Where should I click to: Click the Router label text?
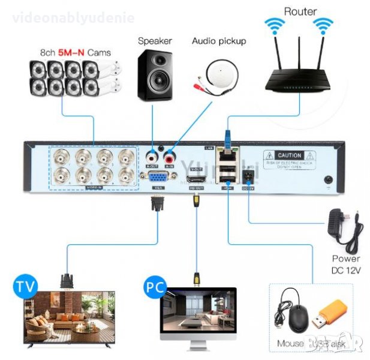(300, 11)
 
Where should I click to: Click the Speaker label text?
(155, 41)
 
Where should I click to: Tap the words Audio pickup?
(219, 41)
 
